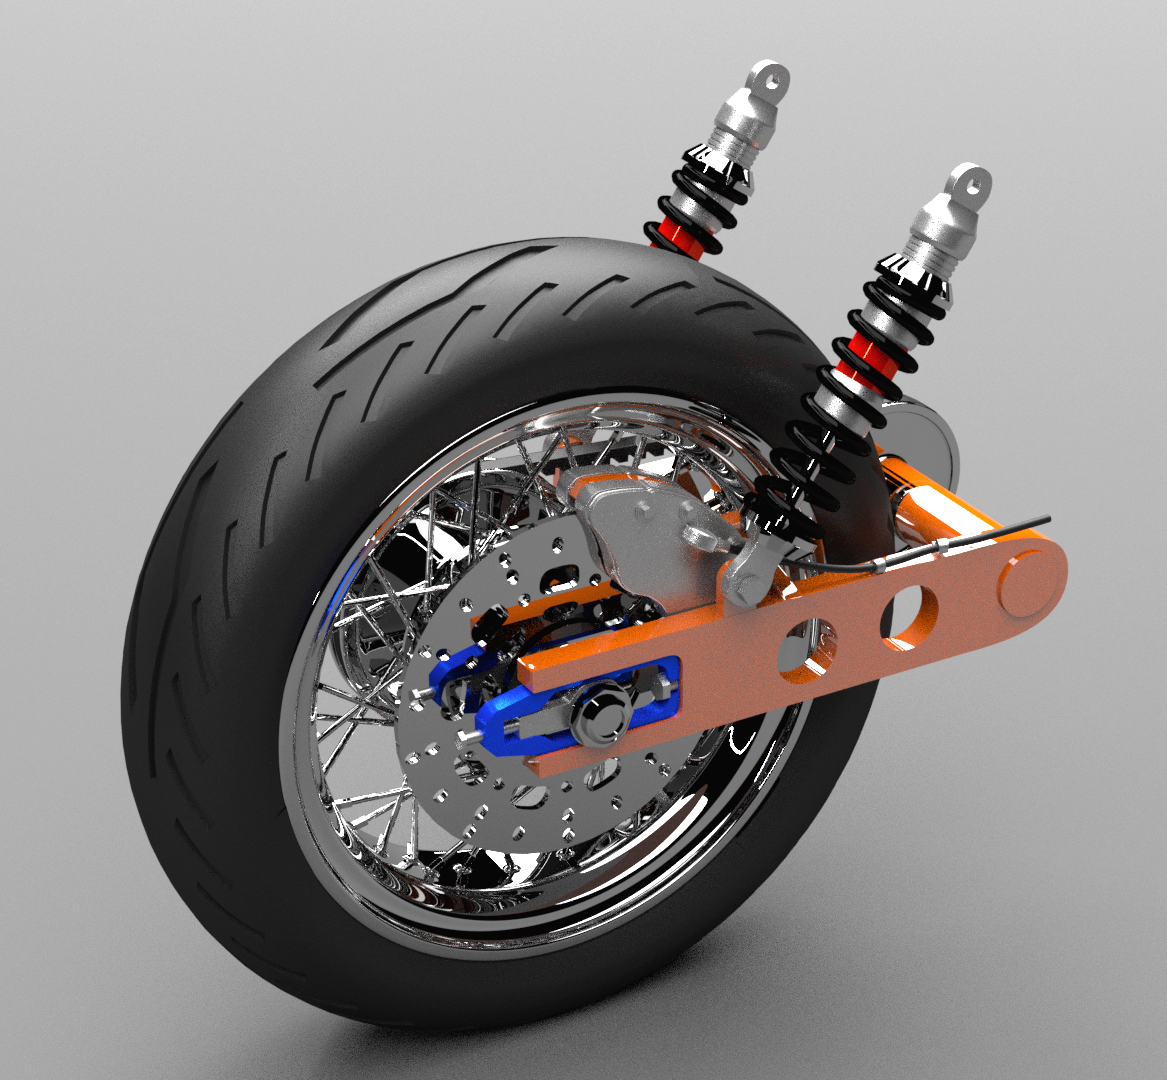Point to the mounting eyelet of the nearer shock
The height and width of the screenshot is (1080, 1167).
tap(969, 183)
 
